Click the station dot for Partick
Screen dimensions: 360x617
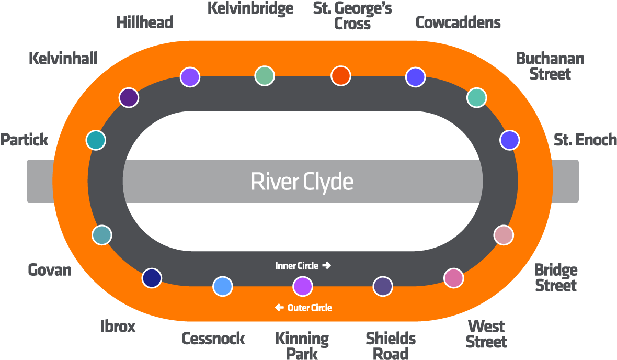pos(96,140)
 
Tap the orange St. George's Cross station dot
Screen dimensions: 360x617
pos(340,75)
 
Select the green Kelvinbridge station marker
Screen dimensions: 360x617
pos(265,75)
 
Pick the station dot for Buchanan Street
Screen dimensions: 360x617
pos(476,97)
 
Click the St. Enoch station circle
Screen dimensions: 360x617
pos(509,140)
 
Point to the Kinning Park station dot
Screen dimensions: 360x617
pos(302,286)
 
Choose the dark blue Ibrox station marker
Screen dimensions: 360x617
pos(152,277)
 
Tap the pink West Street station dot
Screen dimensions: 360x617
pos(453,277)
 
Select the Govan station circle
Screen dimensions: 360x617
pos(102,235)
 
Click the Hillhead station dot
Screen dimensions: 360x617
pos(190,77)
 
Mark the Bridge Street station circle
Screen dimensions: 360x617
pos(504,235)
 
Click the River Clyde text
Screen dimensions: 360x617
pos(302,182)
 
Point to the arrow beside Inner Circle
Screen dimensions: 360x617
pos(327,266)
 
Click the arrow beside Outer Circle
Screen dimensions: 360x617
pos(280,308)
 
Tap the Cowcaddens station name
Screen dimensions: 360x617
pos(458,22)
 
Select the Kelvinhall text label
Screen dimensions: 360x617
pos(63,58)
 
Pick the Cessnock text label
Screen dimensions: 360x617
pos(213,339)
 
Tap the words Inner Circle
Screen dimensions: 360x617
pos(296,266)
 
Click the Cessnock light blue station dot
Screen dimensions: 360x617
pos(223,286)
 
